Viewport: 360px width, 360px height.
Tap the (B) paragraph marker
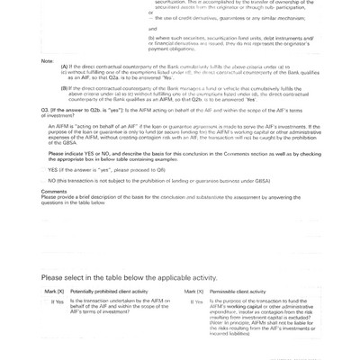(65, 112)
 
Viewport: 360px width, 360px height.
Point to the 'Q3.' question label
(47, 131)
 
